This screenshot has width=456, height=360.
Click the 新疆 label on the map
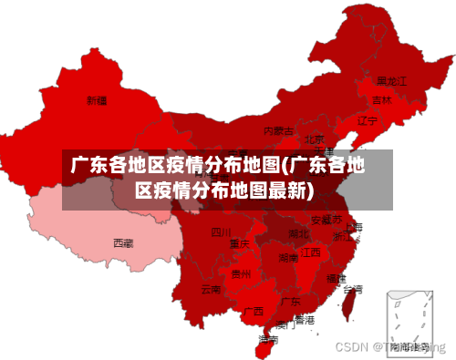(97, 99)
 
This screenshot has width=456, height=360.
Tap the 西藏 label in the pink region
(123, 243)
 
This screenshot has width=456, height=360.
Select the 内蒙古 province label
(278, 131)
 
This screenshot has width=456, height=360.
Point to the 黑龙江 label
(391, 81)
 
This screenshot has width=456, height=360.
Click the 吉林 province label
(382, 99)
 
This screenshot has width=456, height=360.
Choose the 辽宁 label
(368, 120)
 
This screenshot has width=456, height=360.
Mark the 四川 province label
(221, 232)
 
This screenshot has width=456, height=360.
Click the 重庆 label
(240, 244)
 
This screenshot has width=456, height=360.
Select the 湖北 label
(298, 234)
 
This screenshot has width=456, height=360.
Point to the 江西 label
(311, 252)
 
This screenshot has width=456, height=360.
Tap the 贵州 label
(242, 273)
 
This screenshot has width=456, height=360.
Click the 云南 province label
(211, 290)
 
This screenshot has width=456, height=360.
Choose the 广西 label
(254, 312)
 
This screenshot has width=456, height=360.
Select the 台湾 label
(352, 289)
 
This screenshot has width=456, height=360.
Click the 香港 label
(304, 320)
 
